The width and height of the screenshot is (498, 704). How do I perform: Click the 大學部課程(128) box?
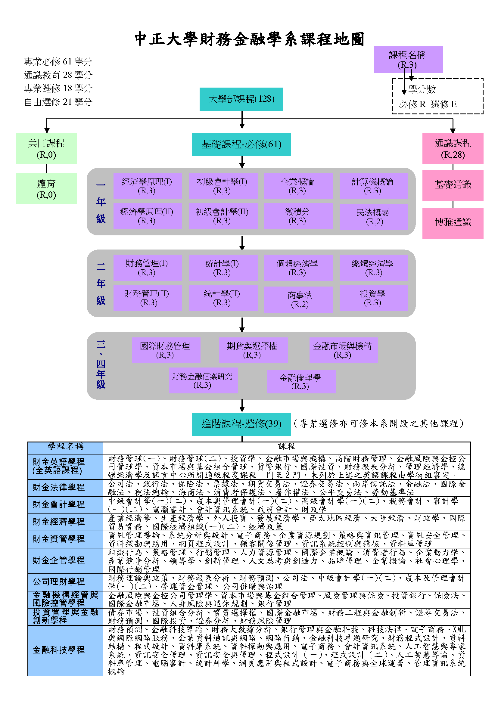(x=241, y=99)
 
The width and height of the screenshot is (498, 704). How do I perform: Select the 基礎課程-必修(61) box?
(x=241, y=144)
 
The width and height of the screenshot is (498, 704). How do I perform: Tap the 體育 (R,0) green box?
(x=46, y=189)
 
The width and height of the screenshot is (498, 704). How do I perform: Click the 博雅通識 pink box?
(x=453, y=223)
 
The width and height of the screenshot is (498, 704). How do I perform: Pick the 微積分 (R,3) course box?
(x=298, y=216)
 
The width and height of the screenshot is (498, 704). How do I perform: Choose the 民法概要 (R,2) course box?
(x=373, y=217)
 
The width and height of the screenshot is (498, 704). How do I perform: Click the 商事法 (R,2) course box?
(x=298, y=299)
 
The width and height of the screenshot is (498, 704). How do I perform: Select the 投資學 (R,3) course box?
(x=373, y=298)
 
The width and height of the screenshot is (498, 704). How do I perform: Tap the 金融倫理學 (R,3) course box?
(x=301, y=381)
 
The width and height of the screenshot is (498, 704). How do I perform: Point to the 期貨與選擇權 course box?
(x=253, y=350)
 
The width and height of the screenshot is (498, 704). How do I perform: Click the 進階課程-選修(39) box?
(x=241, y=424)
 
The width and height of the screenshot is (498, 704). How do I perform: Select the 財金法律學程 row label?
(x=59, y=488)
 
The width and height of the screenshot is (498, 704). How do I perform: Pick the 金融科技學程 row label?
(x=59, y=650)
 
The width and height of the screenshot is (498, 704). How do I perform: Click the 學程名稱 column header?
(x=65, y=447)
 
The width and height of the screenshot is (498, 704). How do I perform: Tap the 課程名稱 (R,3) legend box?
(x=408, y=60)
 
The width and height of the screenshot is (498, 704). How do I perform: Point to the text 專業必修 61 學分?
(x=58, y=62)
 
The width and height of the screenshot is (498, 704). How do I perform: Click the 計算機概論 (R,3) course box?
(x=373, y=186)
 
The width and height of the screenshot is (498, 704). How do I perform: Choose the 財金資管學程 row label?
(x=59, y=539)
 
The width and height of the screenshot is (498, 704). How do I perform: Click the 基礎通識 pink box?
(x=453, y=185)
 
